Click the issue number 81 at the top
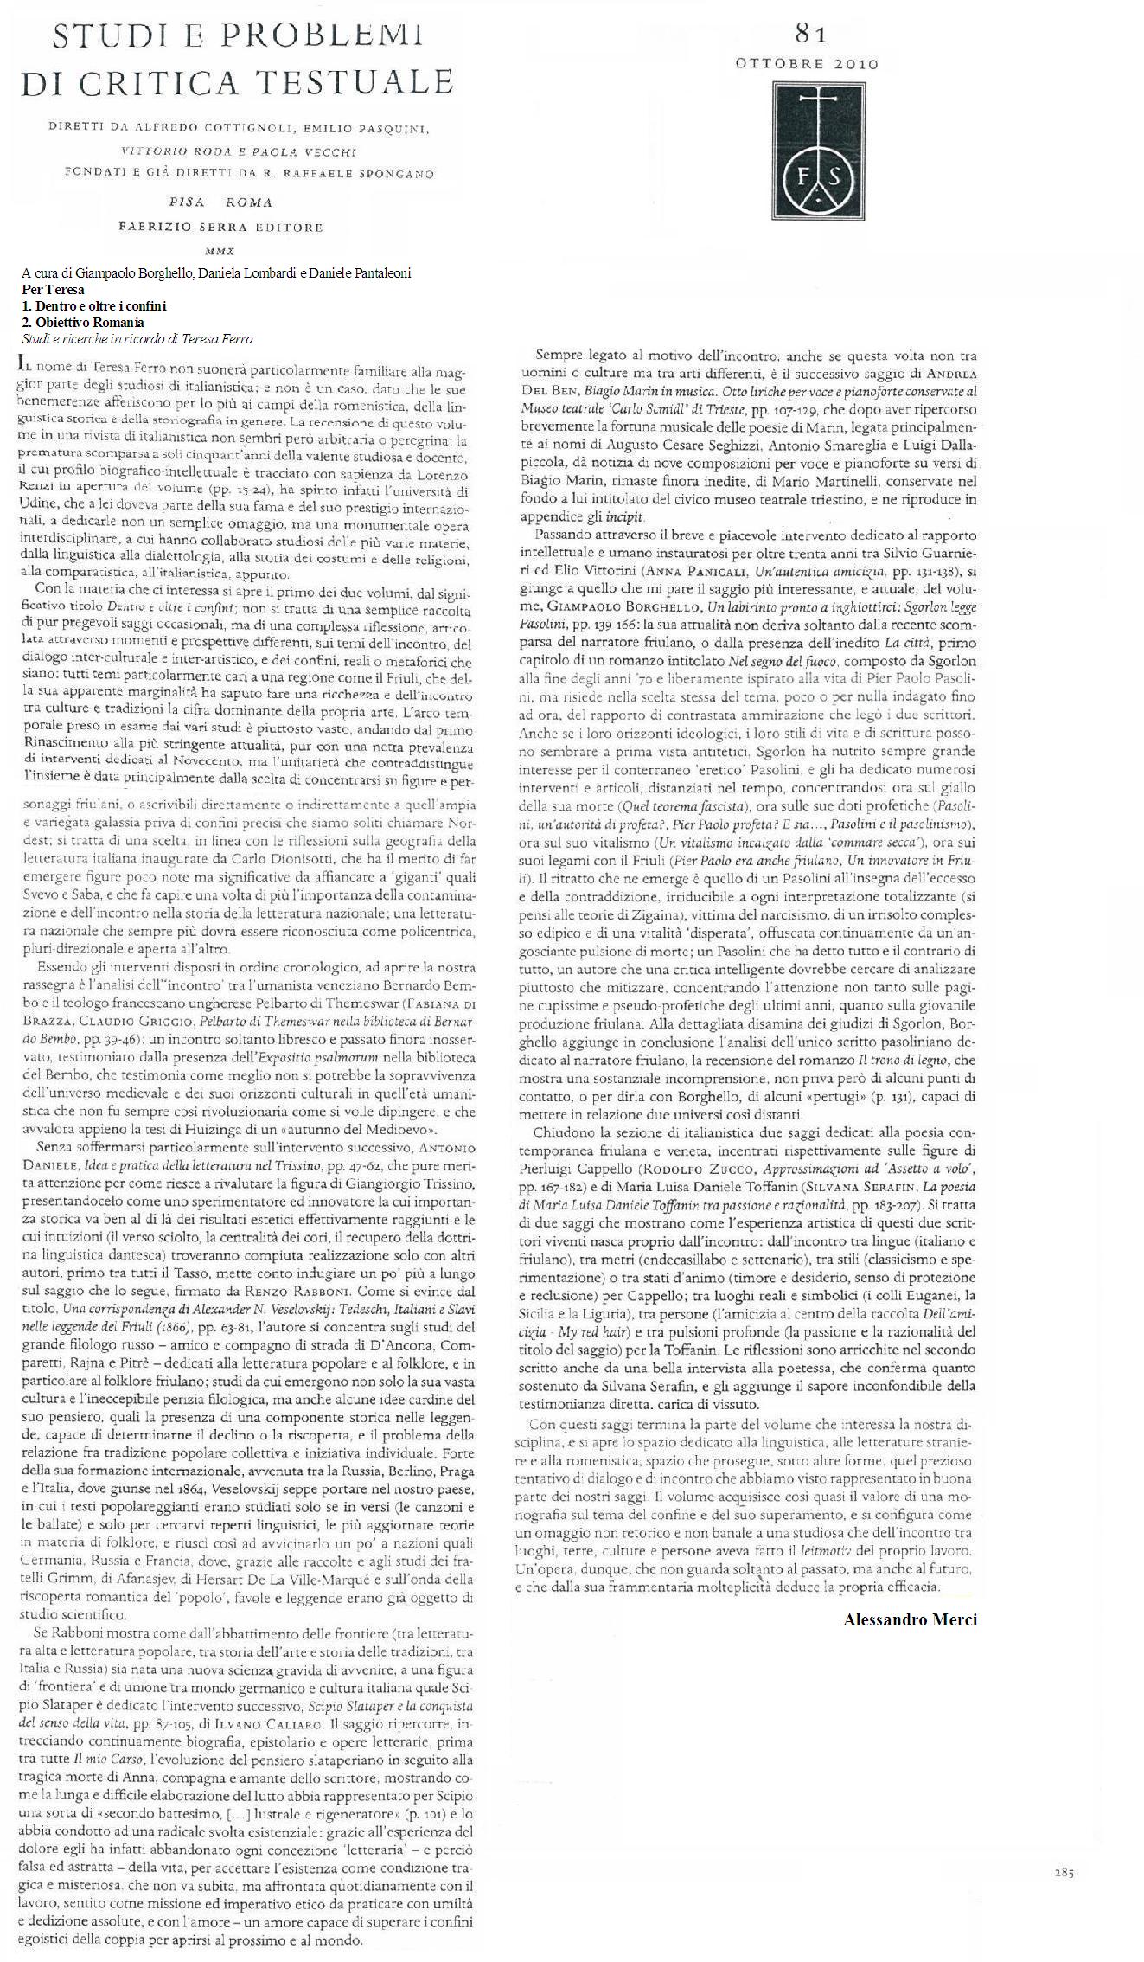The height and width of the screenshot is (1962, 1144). click(x=810, y=34)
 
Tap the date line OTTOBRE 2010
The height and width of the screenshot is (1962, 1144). click(x=807, y=63)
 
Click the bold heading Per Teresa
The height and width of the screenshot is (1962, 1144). click(x=53, y=289)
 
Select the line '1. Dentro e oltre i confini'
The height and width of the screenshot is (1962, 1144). click(x=94, y=305)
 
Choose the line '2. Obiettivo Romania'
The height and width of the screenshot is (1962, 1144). click(x=83, y=322)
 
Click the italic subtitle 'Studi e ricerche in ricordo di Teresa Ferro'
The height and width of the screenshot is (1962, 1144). click(x=137, y=338)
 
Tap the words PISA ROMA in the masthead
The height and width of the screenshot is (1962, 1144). click(x=221, y=202)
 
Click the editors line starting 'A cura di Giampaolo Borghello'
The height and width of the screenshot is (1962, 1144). click(x=216, y=272)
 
